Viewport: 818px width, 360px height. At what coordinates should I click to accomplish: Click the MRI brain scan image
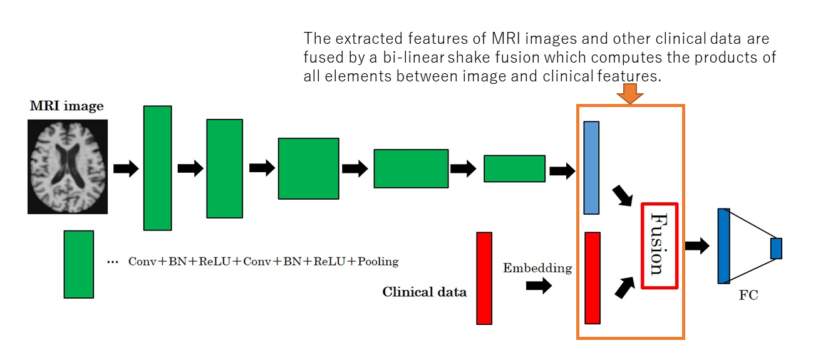point(68,167)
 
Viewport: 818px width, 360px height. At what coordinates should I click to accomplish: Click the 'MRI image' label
point(67,106)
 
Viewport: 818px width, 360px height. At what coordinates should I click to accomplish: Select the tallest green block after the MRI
point(157,168)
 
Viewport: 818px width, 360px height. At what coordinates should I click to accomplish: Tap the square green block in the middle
point(309,168)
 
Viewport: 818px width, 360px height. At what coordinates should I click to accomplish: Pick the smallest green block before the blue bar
point(514,168)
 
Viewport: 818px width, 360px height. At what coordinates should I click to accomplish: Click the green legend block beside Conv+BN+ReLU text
point(79,264)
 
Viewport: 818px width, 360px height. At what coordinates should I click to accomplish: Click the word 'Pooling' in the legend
point(378,262)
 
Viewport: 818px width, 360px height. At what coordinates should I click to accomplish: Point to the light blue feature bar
point(591,168)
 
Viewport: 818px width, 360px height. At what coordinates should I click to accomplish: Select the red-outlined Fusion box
point(660,245)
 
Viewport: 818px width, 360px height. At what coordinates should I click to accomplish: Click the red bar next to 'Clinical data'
point(484,278)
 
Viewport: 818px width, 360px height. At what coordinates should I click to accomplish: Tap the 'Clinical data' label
point(424,292)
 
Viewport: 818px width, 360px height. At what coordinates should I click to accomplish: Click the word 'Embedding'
point(537,269)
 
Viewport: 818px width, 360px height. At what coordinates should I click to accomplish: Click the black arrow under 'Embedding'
point(539,285)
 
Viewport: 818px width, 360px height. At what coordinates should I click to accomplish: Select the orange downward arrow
point(630,93)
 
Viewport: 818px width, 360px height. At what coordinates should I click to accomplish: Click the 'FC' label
point(748,295)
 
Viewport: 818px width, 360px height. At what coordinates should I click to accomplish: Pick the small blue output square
point(777,249)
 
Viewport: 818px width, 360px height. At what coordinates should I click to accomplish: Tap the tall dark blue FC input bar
point(724,246)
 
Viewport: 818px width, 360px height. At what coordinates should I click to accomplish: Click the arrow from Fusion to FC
point(697,245)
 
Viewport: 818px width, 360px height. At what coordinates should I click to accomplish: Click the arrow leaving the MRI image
point(126,168)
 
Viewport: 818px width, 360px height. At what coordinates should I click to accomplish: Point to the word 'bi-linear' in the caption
point(413,58)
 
